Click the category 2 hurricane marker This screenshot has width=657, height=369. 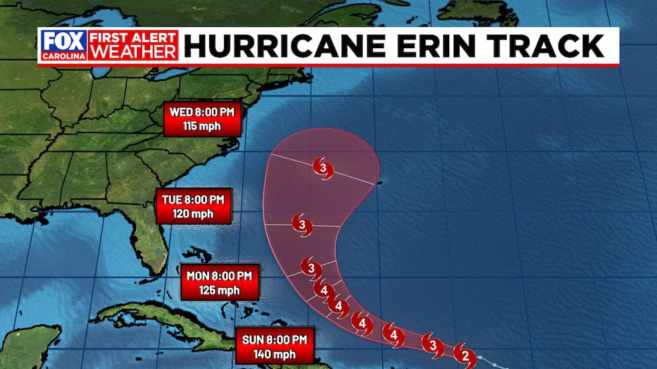463,352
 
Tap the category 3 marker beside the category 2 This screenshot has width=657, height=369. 432,345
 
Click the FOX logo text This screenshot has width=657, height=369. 64,40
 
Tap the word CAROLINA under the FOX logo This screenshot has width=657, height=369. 64,56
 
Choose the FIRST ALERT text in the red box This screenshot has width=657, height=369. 133,38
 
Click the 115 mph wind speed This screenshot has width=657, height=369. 201,125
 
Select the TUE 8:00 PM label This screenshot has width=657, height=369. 193,199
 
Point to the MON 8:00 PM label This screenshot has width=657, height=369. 219,275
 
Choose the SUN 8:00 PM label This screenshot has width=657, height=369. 275,339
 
